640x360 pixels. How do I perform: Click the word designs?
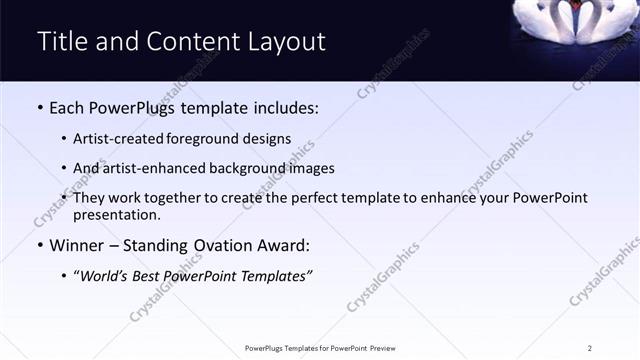(x=268, y=139)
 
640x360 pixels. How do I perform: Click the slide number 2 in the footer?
(x=590, y=348)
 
